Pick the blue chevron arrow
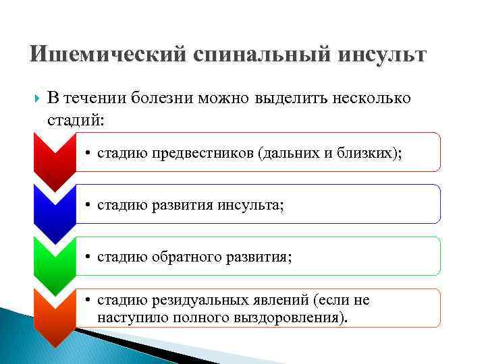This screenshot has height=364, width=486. (54, 209)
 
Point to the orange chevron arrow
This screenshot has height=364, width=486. (54, 313)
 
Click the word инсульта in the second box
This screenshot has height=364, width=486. (249, 205)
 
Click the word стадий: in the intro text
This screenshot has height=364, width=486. (77, 119)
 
